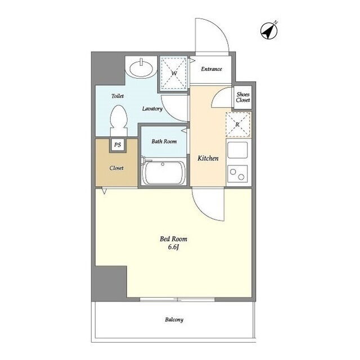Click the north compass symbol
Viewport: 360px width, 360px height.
tap(269, 30)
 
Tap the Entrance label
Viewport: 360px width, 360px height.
tap(211, 69)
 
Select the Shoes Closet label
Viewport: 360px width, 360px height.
tap(243, 97)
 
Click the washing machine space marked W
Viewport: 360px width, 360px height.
tap(174, 73)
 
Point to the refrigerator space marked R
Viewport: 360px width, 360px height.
tap(238, 125)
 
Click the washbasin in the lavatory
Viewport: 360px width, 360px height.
tap(141, 67)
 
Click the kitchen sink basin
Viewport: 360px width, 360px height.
tap(237, 150)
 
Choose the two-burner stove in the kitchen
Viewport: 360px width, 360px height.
tap(237, 174)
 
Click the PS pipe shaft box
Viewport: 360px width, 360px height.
tap(118, 145)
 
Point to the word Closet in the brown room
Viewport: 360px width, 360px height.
tap(116, 168)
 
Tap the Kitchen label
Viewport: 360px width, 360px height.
tap(208, 158)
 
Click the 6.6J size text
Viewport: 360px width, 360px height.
tap(174, 247)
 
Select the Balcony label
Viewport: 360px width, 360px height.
tap(174, 319)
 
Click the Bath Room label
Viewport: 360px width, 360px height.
tap(164, 141)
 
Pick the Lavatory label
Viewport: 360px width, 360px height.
tap(152, 109)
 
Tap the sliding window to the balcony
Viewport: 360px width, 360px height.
tap(177, 299)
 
